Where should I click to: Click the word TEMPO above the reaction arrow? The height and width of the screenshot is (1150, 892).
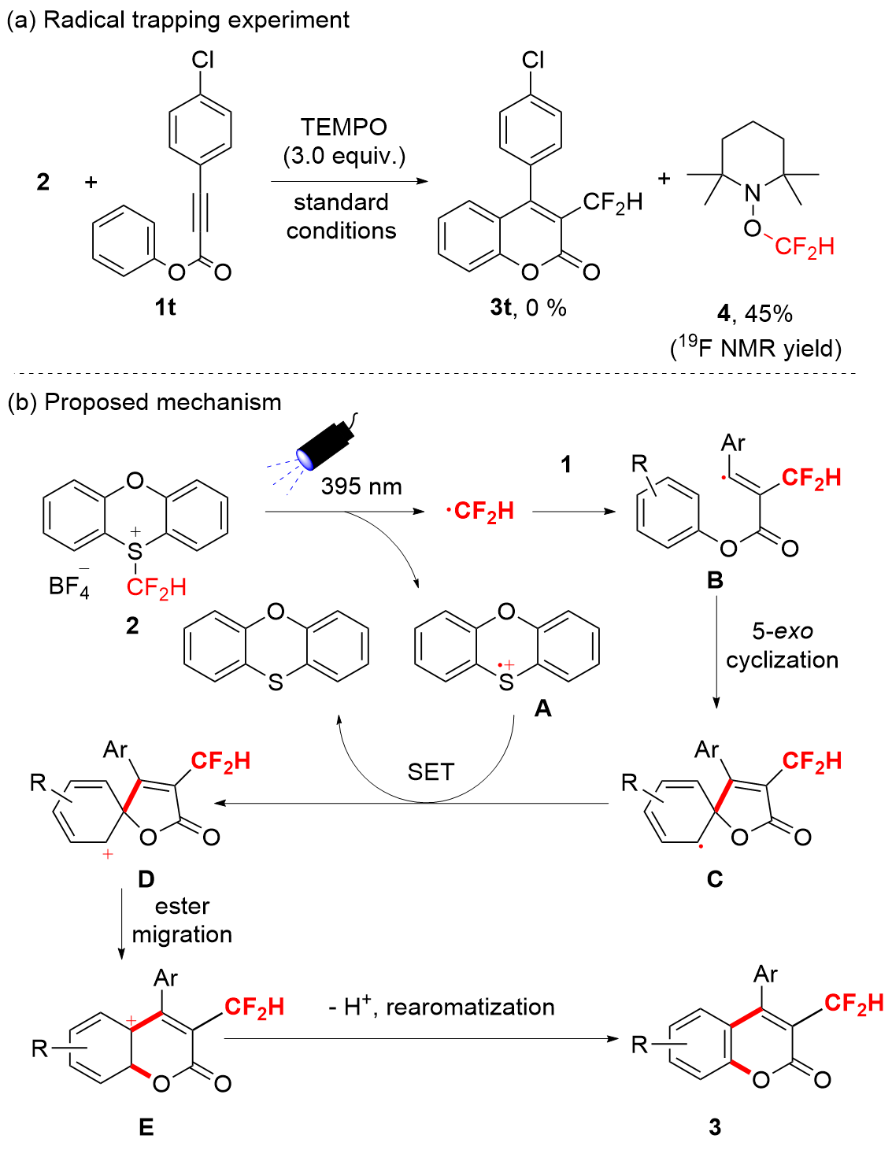[x=344, y=127]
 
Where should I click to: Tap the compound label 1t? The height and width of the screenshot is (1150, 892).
[x=165, y=307]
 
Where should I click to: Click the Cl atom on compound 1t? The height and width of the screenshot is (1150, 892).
[x=202, y=60]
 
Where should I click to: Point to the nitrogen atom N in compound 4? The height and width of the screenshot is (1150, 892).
[x=753, y=193]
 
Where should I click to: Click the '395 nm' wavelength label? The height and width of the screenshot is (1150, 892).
[x=361, y=486]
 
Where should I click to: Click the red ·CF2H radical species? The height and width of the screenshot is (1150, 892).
[x=480, y=512]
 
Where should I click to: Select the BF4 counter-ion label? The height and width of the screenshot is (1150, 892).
[x=68, y=586]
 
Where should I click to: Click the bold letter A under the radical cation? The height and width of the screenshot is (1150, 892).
[x=542, y=709]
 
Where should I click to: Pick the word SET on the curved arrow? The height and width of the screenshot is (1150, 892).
[x=431, y=772]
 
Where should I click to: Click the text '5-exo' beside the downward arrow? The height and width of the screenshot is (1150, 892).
[x=782, y=630]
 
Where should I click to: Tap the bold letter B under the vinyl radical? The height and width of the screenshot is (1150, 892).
[x=715, y=581]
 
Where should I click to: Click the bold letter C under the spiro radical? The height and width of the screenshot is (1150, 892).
[x=715, y=878]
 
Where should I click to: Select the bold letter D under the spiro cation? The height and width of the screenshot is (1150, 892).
[x=146, y=878]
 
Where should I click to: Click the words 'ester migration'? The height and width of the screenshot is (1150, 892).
[x=182, y=920]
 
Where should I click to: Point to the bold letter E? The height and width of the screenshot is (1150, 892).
[x=146, y=1127]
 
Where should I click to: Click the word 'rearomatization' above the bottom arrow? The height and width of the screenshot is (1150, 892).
[x=470, y=1007]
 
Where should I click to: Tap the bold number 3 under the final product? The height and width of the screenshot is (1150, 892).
[x=715, y=1127]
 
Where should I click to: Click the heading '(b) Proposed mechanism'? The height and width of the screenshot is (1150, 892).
[x=144, y=402]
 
